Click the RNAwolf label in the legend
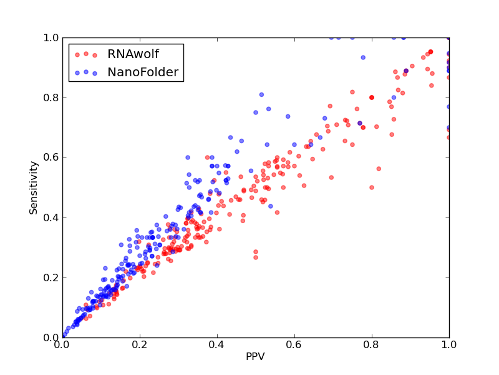[133, 54]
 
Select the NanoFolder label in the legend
[143, 72]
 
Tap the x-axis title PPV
[255, 356]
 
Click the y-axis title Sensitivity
[34, 188]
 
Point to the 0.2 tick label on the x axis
[140, 345]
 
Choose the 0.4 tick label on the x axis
[217, 345]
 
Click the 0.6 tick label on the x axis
[294, 345]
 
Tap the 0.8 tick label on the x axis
[372, 345]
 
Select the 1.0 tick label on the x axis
[449, 345]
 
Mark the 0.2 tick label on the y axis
[51, 277]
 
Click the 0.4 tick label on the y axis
[51, 217]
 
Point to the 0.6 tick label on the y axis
[51, 158]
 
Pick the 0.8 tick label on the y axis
[51, 97]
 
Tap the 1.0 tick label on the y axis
[51, 37]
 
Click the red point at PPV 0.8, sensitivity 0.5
[372, 187]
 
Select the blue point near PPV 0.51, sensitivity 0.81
[261, 95]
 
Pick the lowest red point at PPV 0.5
[256, 257]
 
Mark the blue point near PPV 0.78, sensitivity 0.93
[363, 57]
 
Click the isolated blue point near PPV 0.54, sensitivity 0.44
[271, 206]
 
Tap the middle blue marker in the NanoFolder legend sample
[86, 72]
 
